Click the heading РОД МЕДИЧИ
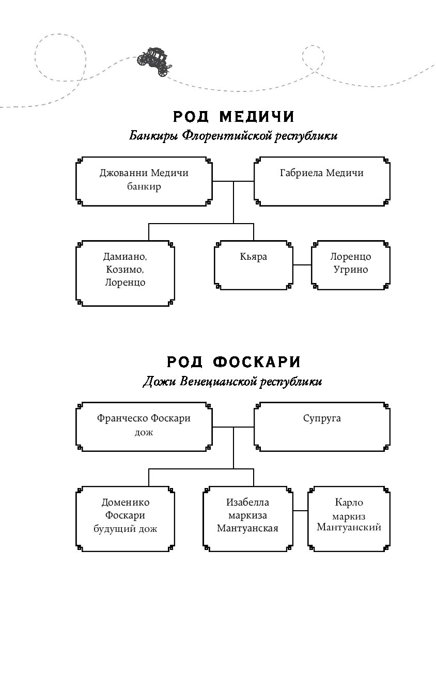pos(233,117)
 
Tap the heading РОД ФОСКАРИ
pos(233,362)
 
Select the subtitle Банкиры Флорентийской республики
pos(233,136)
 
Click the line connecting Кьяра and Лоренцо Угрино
pos(302,265)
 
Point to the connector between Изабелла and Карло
pos(300,511)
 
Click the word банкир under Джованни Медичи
pos(144,186)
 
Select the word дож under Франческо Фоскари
pos(144,432)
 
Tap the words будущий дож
pos(125,529)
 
